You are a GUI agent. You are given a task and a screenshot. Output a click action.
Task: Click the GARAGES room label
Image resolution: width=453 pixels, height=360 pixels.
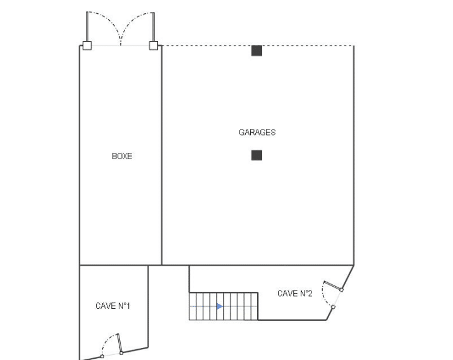click(257, 132)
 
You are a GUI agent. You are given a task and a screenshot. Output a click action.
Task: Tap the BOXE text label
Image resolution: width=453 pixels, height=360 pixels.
click(122, 156)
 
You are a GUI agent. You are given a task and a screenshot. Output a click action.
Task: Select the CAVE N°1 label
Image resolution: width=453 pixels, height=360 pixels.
click(112, 306)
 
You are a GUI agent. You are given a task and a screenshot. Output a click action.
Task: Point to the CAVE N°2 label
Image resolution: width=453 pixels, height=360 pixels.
click(294, 293)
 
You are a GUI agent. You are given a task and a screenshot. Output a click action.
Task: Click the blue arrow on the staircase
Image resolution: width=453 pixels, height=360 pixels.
click(220, 306)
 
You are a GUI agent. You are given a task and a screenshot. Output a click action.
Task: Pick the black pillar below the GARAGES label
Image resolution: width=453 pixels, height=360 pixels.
click(257, 155)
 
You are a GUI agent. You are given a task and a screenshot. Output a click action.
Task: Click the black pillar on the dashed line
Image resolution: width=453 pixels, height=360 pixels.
click(257, 51)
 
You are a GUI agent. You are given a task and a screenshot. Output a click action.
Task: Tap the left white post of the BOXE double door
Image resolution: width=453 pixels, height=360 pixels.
click(87, 45)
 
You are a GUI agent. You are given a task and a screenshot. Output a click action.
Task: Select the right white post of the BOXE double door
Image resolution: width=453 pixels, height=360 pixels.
click(154, 45)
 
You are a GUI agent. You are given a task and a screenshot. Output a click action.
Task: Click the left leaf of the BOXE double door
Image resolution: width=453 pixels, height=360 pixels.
click(87, 27)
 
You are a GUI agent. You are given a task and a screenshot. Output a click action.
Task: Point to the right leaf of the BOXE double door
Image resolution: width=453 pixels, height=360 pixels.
click(154, 27)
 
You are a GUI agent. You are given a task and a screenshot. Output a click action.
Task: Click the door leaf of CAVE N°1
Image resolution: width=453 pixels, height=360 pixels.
click(119, 343)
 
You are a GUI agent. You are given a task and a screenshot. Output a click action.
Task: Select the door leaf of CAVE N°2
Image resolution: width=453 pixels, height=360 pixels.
click(332, 285)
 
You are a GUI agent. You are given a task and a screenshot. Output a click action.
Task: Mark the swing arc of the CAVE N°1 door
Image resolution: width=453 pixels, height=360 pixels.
click(108, 342)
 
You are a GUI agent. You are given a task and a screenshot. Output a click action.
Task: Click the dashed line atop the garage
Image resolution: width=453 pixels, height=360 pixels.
click(258, 45)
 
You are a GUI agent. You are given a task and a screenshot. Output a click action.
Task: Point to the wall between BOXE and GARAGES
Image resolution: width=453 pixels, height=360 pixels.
click(162, 155)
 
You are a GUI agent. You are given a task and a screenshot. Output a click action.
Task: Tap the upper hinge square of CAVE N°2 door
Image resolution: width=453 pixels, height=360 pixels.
click(341, 289)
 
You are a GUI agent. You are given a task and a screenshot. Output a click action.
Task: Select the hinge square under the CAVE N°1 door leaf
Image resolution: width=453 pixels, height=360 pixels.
click(121, 353)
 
